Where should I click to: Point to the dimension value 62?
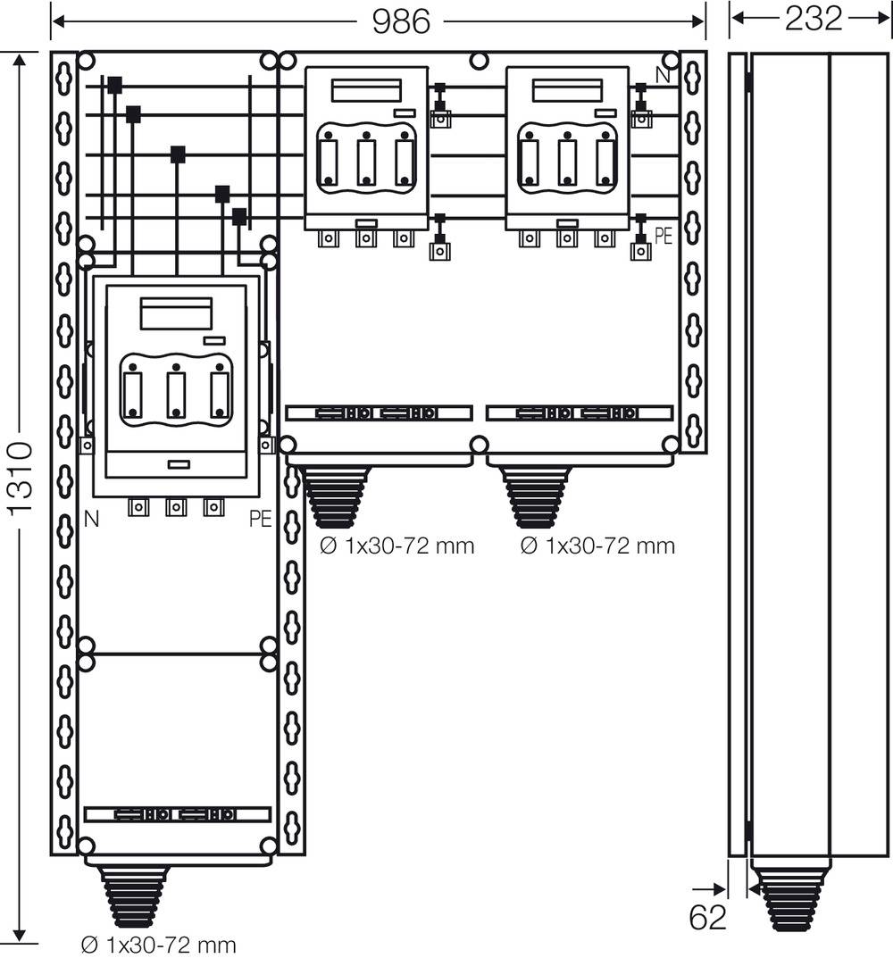708,918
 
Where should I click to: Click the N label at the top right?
663,76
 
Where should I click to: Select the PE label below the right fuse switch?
663,237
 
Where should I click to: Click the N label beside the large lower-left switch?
91,518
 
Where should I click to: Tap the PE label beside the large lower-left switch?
260,519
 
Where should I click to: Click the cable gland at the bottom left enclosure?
134,896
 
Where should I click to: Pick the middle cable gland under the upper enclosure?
337,496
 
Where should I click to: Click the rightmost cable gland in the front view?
536,496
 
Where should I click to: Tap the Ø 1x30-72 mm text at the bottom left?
158,944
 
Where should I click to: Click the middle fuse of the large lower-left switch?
177,393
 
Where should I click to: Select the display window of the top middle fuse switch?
365,91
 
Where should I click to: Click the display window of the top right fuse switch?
566,91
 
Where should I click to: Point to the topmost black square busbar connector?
114,86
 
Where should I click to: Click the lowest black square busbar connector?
238,216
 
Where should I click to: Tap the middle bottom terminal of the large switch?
177,508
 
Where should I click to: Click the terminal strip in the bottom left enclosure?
177,814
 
